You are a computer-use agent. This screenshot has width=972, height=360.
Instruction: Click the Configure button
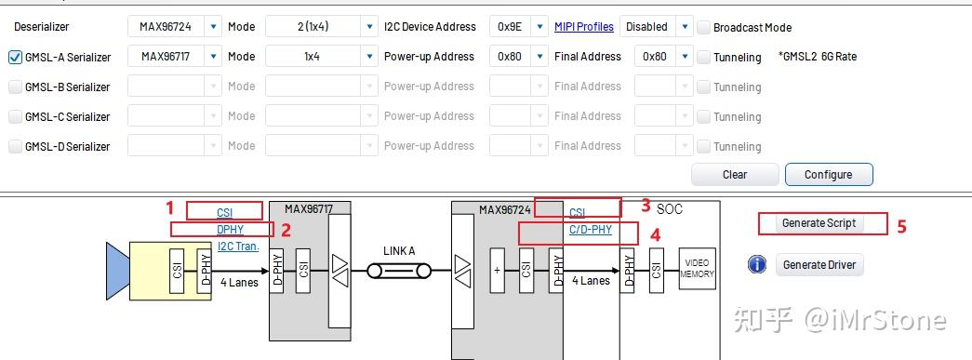[x=828, y=174]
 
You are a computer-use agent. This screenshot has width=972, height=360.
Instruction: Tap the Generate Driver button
[x=819, y=265]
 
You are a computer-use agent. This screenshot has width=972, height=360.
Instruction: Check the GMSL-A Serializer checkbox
[x=15, y=57]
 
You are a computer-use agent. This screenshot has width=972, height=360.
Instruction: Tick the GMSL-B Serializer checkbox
[x=15, y=87]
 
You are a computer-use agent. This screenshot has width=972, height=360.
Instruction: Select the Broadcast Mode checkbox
[x=704, y=27]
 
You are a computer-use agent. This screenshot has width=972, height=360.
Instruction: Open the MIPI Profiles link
[x=583, y=27]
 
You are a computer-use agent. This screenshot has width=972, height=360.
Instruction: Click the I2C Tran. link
[x=238, y=247]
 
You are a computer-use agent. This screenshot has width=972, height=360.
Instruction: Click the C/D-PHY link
[x=591, y=229]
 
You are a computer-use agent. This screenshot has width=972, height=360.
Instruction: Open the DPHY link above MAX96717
[x=230, y=229]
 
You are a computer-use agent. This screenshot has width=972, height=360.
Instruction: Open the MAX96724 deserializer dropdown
[x=175, y=27]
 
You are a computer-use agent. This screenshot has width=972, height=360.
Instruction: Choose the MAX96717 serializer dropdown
[x=175, y=57]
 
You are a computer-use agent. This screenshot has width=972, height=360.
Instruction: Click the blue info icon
[x=757, y=265]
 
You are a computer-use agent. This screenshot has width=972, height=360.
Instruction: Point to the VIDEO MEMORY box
[x=697, y=269]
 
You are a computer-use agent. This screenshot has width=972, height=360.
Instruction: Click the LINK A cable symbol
[x=398, y=272]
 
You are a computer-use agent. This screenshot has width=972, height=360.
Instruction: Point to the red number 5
[x=901, y=225]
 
